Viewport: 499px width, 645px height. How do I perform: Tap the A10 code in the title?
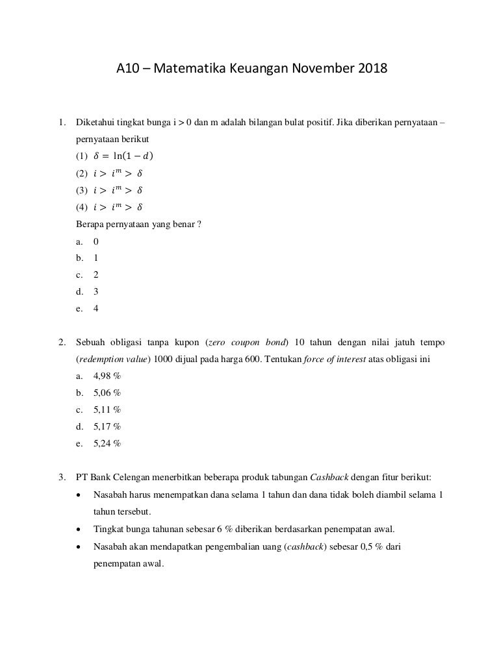click(x=127, y=67)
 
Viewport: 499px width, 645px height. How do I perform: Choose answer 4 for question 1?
click(x=96, y=308)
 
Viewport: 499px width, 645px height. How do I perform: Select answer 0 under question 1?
click(x=96, y=241)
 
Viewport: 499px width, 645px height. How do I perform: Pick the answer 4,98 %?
click(x=107, y=376)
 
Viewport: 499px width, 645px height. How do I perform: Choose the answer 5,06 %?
click(x=107, y=393)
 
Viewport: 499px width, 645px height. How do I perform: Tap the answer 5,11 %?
click(x=107, y=409)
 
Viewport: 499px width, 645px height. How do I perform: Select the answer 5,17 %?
click(x=107, y=426)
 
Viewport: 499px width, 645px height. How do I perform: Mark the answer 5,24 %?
click(x=107, y=443)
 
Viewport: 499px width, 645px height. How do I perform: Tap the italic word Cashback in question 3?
click(x=330, y=478)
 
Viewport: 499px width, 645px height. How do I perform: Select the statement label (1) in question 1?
click(x=81, y=156)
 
